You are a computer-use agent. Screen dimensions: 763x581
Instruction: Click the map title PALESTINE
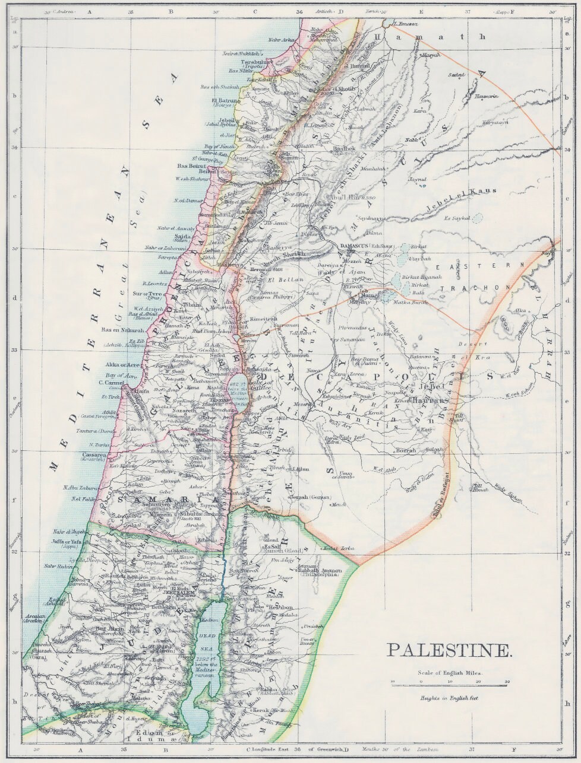[449, 650]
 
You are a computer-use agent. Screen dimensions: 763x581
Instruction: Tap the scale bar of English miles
[449, 682]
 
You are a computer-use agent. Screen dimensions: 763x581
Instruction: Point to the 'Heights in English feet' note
[449, 698]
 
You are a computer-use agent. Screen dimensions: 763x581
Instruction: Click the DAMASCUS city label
[355, 245]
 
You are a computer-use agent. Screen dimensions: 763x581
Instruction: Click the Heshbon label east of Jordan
[280, 608]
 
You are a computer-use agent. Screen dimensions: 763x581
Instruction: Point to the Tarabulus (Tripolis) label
[256, 61]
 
